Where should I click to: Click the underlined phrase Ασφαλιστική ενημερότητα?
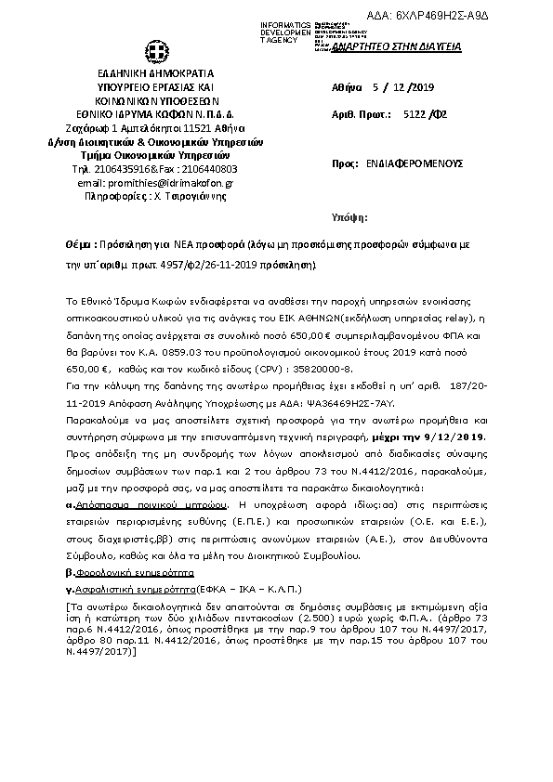(133, 589)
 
